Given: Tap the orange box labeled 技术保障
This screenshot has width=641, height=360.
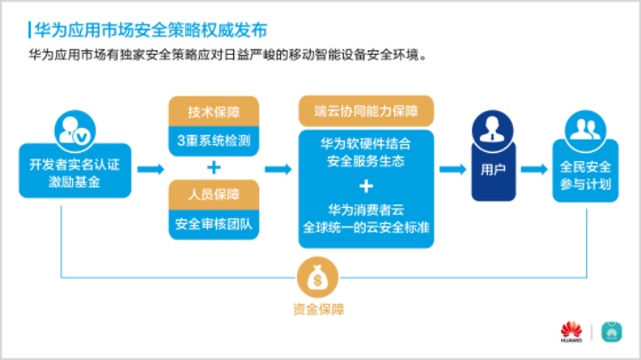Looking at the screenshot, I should click(x=213, y=112).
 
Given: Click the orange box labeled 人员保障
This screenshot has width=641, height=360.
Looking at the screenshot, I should click(x=213, y=195).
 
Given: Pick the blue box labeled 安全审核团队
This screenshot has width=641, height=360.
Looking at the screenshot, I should click(x=213, y=222).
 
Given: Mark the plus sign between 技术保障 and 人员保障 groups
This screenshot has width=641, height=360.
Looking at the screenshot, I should click(x=213, y=167).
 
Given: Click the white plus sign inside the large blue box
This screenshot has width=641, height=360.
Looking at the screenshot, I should click(x=366, y=187).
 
